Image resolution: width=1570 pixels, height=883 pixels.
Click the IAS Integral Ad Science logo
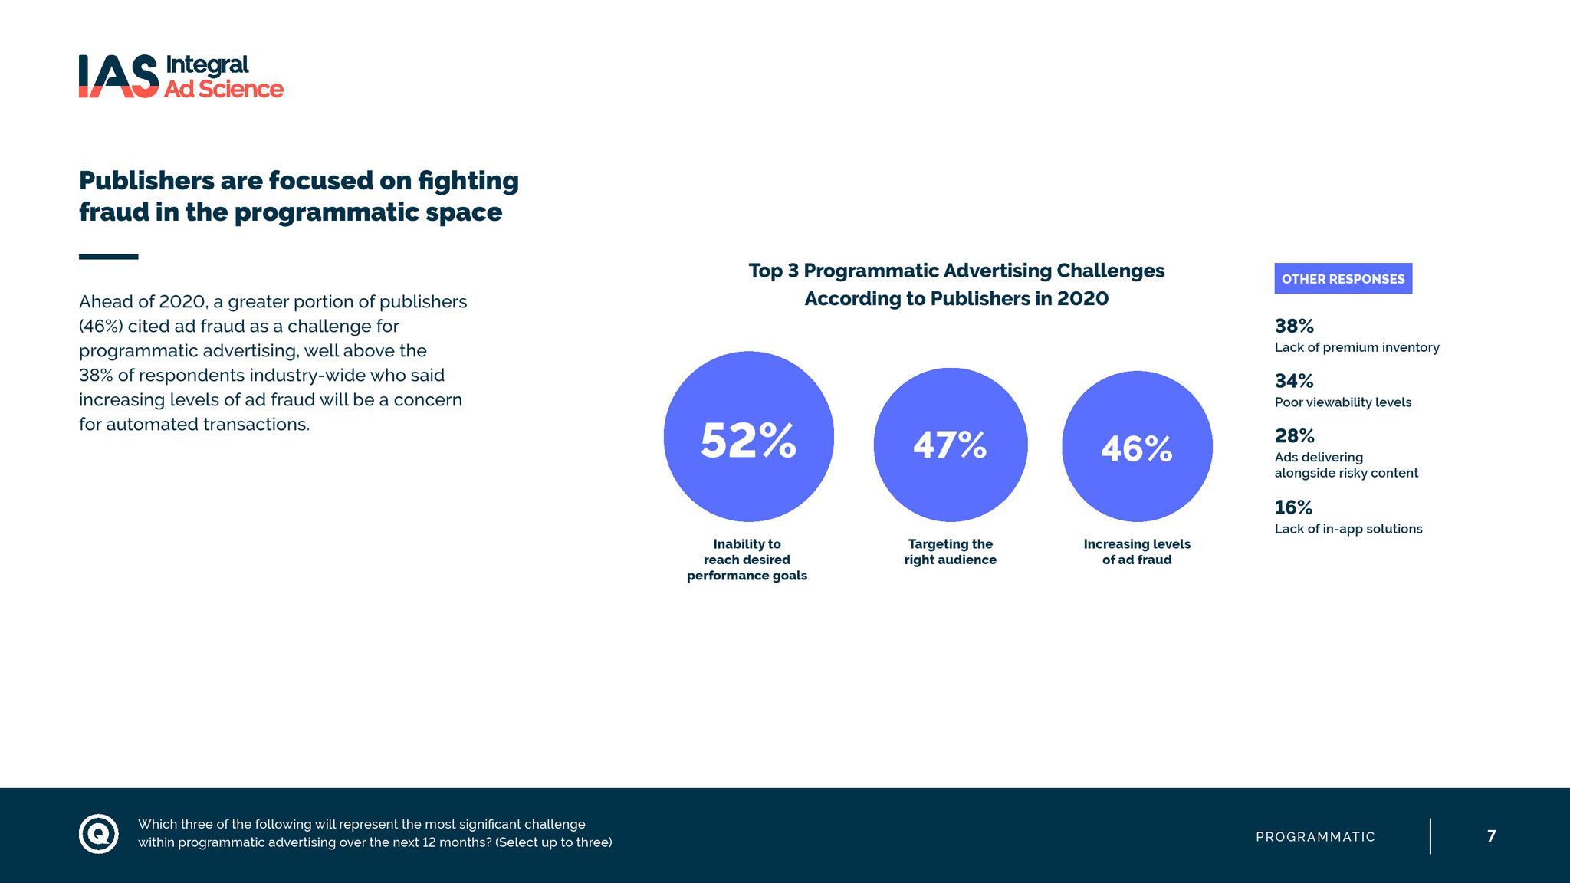(x=181, y=77)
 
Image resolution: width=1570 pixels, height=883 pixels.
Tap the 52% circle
(x=749, y=437)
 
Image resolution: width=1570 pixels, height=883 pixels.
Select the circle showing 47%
(x=950, y=445)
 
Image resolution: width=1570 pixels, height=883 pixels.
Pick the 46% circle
(x=1137, y=447)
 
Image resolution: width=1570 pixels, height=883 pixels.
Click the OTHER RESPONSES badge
(x=1343, y=279)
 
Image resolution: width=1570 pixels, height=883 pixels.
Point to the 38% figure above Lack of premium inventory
(x=1294, y=327)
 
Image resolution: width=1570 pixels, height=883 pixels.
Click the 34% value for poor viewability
(x=1294, y=381)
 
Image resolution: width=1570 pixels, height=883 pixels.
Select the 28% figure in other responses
(x=1294, y=436)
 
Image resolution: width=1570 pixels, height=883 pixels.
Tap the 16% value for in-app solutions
(x=1293, y=507)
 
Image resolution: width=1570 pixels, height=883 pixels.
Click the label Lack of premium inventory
(x=1357, y=348)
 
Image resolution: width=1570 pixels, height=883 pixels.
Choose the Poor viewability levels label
(x=1342, y=402)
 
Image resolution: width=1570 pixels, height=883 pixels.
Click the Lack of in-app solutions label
(x=1348, y=529)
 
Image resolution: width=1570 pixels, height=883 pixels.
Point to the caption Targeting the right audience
(x=950, y=552)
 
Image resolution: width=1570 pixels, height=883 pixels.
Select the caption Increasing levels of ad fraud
(x=1137, y=552)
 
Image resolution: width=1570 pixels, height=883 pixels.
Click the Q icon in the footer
(x=99, y=833)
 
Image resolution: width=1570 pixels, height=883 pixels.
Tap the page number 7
(x=1491, y=836)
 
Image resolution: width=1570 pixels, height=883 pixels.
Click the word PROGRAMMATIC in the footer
(x=1315, y=837)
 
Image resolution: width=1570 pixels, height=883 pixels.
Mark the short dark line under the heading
(x=108, y=257)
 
